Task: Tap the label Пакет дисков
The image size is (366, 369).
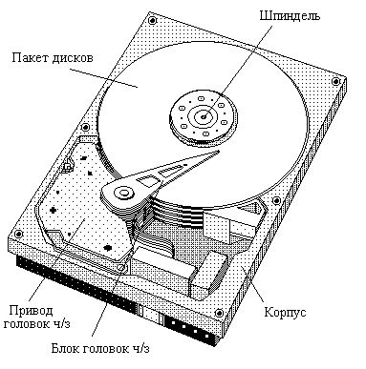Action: coord(53,58)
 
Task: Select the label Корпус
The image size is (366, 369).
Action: coord(283,313)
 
